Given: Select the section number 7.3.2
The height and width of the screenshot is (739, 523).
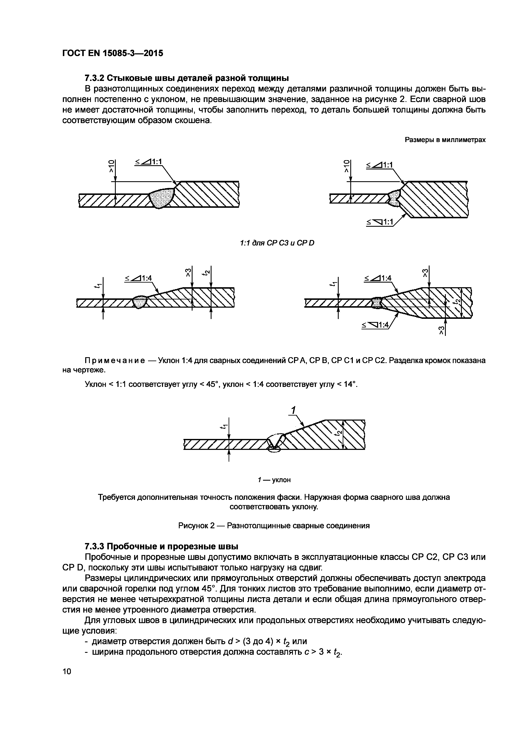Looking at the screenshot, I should pos(94,78).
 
